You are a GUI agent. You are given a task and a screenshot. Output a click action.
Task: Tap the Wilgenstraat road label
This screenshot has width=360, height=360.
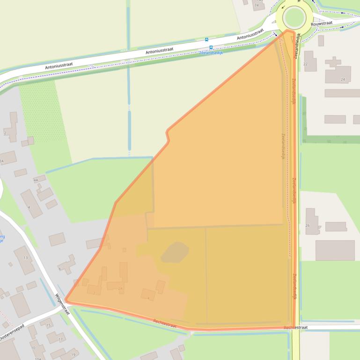pos(62,304)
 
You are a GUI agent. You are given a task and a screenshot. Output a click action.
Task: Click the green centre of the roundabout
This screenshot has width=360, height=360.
pos(294,17)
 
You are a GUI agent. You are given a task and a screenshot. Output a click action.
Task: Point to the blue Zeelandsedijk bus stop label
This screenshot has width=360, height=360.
pos(211,52)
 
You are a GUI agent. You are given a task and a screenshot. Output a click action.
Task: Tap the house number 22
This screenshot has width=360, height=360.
pos(305,64)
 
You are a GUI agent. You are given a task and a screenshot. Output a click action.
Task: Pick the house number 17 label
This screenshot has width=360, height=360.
pos(60,339)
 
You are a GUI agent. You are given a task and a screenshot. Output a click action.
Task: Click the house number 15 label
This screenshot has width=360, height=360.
pos(48,325)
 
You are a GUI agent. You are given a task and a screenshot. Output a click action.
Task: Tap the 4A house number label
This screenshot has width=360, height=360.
pos(36,180)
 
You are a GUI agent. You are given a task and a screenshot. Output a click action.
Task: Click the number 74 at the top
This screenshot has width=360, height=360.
pos(256,5)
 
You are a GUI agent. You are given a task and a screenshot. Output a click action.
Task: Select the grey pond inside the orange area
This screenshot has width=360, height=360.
pos(175,252)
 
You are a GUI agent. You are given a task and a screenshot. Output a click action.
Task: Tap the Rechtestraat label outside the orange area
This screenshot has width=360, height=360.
pos(295,328)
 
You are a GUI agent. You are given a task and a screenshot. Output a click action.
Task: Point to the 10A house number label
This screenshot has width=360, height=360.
pos(37,358)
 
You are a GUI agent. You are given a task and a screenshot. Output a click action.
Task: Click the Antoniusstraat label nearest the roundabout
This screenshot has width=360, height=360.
pos(250,36)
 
